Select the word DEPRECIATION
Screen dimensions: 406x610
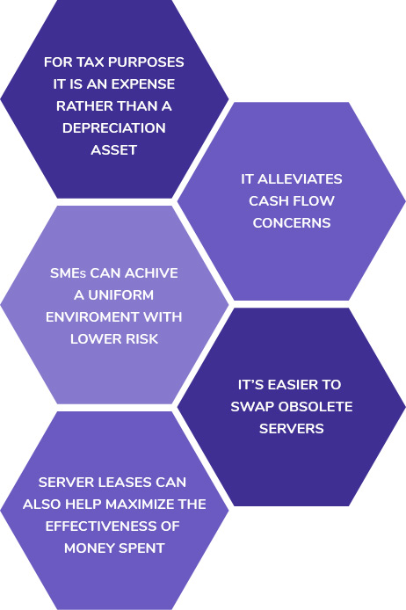click(114, 128)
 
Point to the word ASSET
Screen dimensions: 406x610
click(114, 150)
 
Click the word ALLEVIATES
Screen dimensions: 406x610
click(300, 179)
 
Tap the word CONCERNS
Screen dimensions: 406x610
click(292, 223)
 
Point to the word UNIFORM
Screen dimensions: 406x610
click(121, 295)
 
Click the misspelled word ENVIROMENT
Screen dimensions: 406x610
click(92, 317)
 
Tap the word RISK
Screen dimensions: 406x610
click(144, 339)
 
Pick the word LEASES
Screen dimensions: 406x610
click(124, 483)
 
